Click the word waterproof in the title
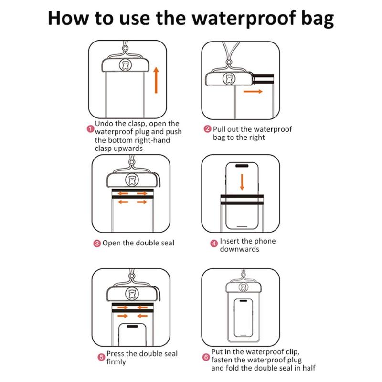coord(244,19)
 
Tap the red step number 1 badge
coord(90,129)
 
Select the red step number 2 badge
coord(207,129)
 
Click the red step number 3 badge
coord(97,244)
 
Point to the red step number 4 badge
coord(214,244)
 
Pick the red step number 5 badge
coord(101,357)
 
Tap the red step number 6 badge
coord(206,357)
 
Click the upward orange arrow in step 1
coord(156,80)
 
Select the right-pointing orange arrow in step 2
coord(253,91)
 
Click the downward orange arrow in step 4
coord(242,182)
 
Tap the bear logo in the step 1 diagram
coord(126,65)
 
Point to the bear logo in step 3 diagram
coord(132,180)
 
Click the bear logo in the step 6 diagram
coord(243,287)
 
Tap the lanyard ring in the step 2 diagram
coord(229,62)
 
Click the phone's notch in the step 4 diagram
coord(242,166)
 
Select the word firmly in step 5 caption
coord(116,362)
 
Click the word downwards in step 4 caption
coord(240,249)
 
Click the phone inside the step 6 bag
coord(243,318)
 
